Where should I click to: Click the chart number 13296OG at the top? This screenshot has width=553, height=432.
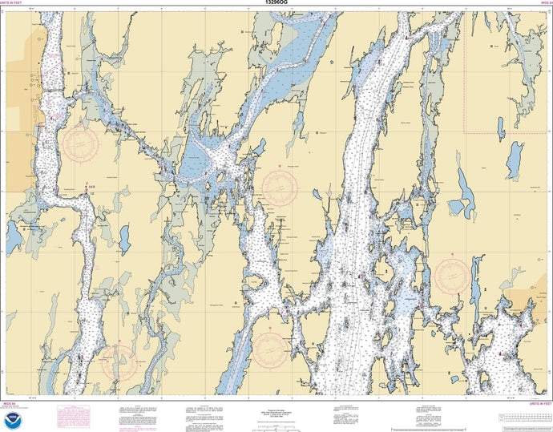click(x=276, y=4)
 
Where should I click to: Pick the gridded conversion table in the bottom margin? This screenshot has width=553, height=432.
click(x=524, y=418)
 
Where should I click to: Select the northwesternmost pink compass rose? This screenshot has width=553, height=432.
click(x=82, y=144)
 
